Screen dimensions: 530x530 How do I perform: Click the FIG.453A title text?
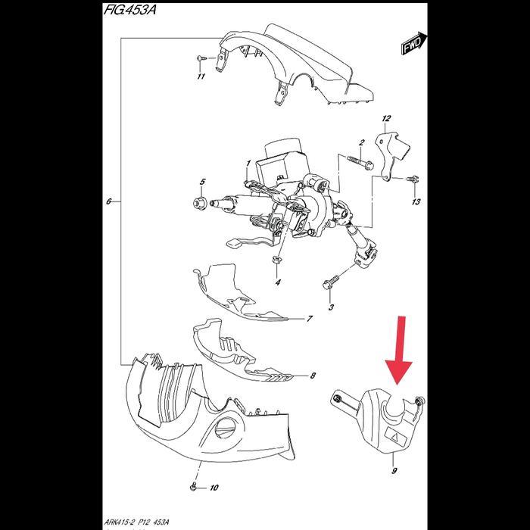pyautogui.click(x=142, y=12)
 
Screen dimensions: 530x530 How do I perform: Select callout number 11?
pyautogui.click(x=201, y=76)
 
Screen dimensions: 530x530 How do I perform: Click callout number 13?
pyautogui.click(x=415, y=203)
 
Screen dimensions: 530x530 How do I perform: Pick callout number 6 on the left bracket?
pyautogui.click(x=109, y=202)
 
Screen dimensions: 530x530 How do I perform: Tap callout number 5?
pyautogui.click(x=202, y=182)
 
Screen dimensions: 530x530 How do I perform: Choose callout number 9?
pyautogui.click(x=394, y=471)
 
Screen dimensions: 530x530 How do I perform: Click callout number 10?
pyautogui.click(x=214, y=488)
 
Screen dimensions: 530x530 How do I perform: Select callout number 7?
pyautogui.click(x=309, y=320)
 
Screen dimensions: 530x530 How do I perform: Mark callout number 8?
pyautogui.click(x=313, y=376)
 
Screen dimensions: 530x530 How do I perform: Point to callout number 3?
pyautogui.click(x=331, y=307)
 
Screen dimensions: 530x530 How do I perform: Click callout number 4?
pyautogui.click(x=278, y=282)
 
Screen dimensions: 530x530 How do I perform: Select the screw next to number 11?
pyautogui.click(x=199, y=58)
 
